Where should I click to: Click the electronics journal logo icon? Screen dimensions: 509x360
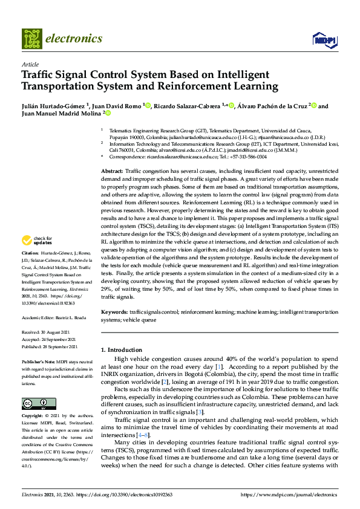pos(32,38)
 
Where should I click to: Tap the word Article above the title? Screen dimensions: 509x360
pos(30,63)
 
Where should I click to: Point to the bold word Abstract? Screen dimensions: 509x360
pos(113,172)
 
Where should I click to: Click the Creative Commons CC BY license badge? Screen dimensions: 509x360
pos(34,403)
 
